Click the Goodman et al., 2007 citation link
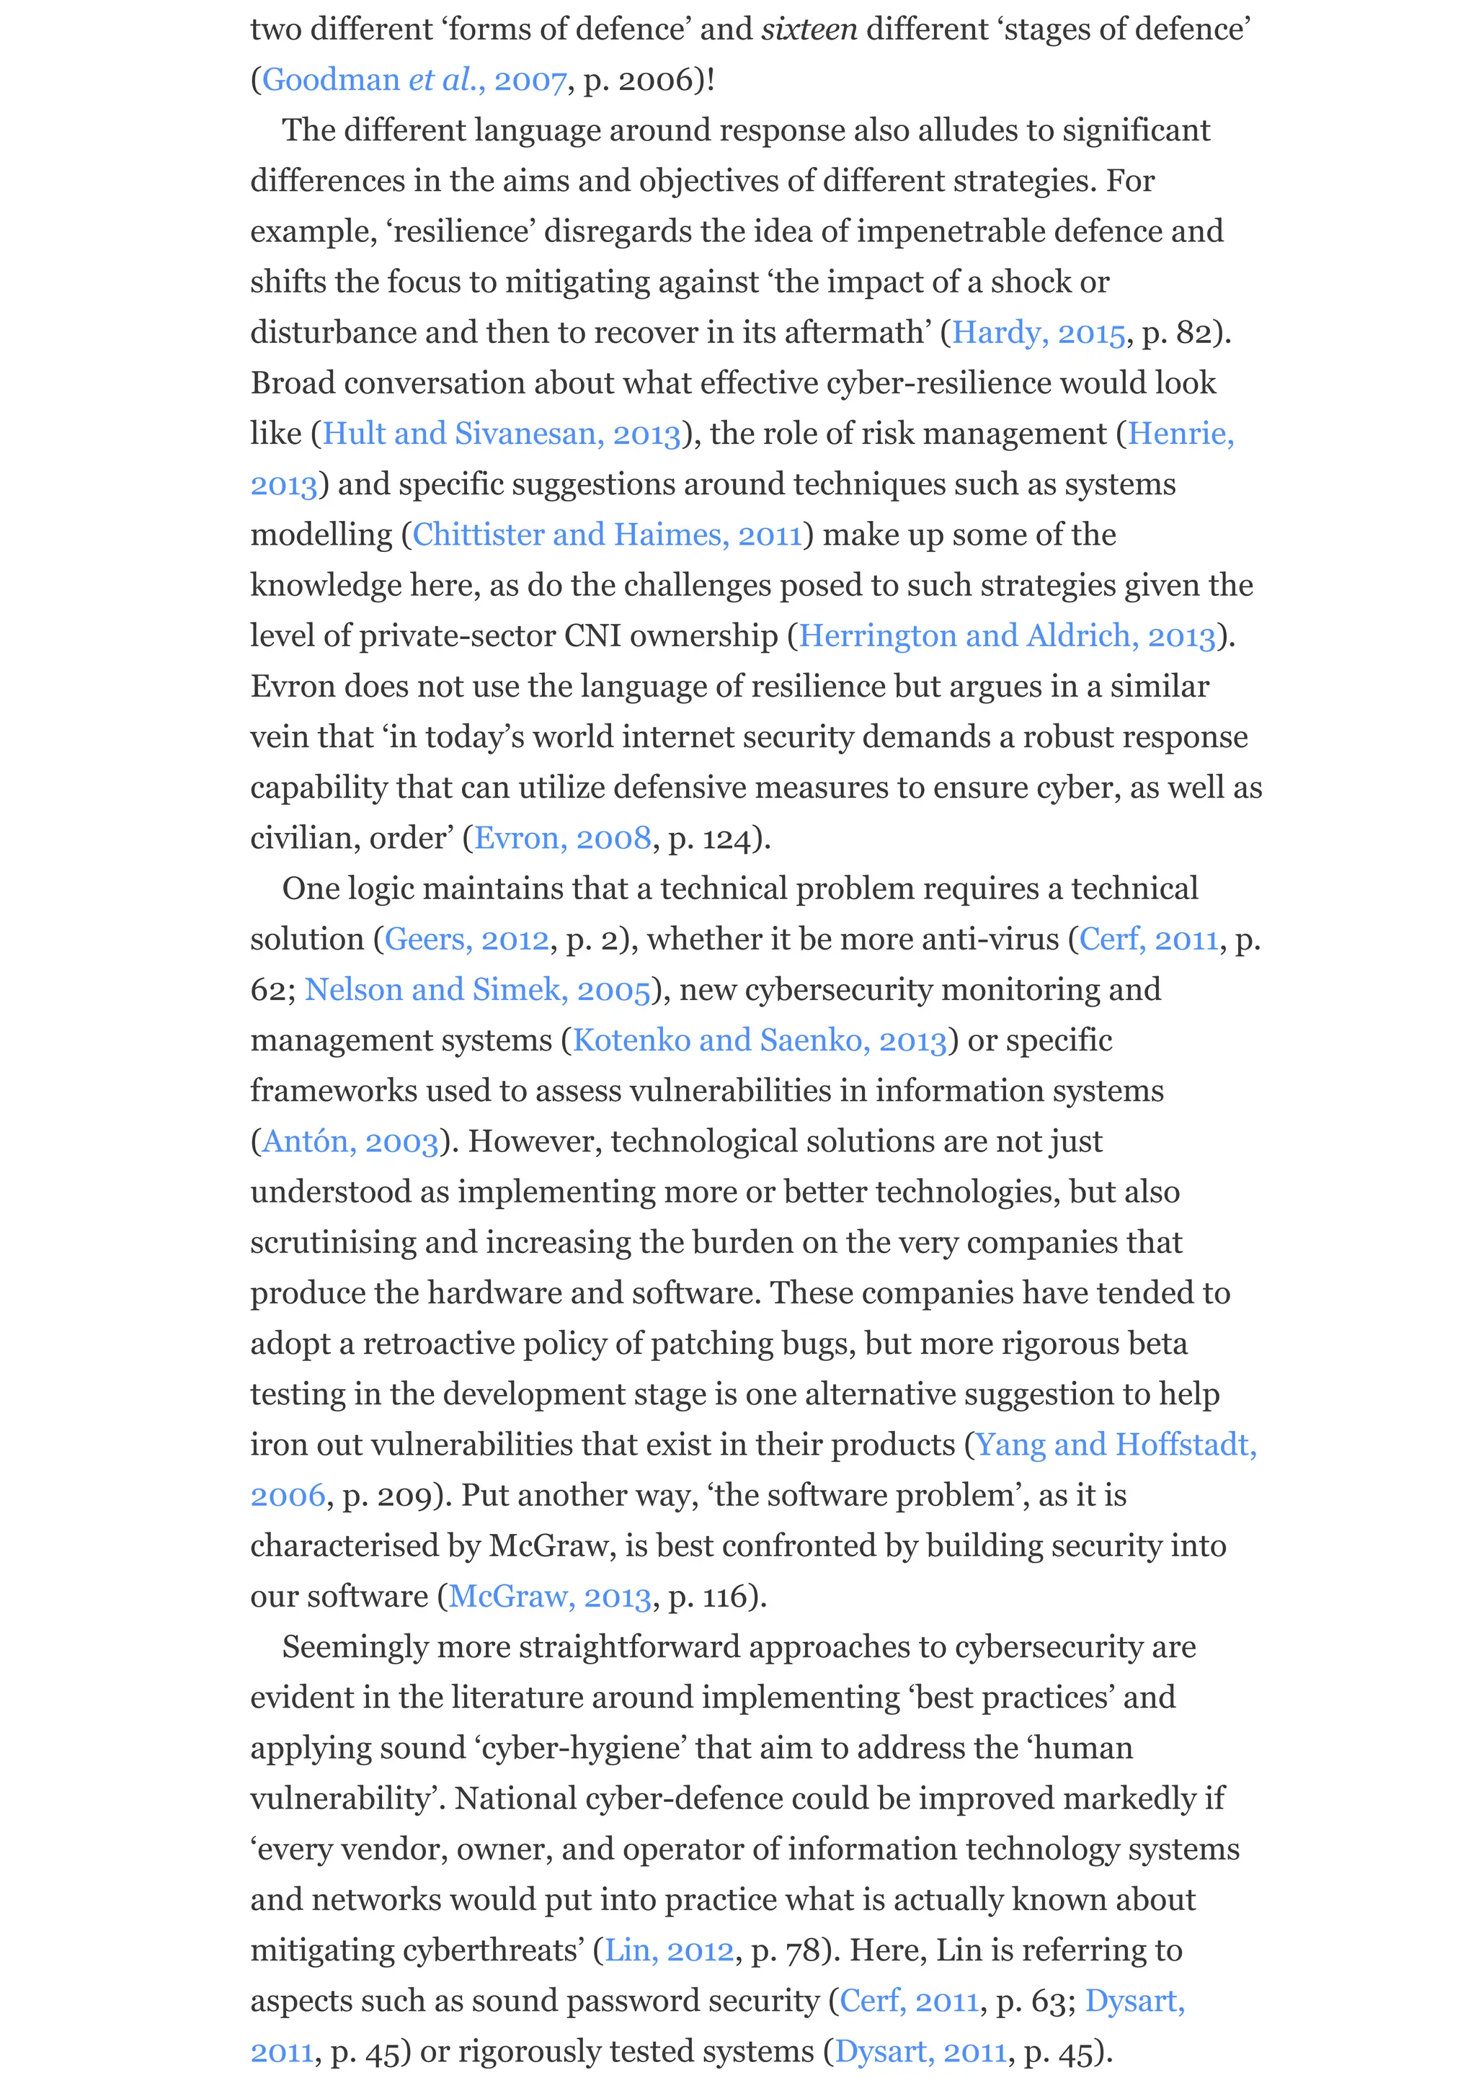click(x=414, y=80)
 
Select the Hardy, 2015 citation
click(x=1039, y=333)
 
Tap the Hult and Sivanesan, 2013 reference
click(x=501, y=434)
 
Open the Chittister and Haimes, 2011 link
click(x=608, y=535)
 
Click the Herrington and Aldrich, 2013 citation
click(x=1007, y=635)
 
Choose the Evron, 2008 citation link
click(x=563, y=837)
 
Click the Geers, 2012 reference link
click(x=466, y=939)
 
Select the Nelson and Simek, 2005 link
click(x=477, y=989)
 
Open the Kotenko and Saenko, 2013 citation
click(x=760, y=1040)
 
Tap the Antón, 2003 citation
click(x=350, y=1141)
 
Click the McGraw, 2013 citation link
click(x=550, y=1596)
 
